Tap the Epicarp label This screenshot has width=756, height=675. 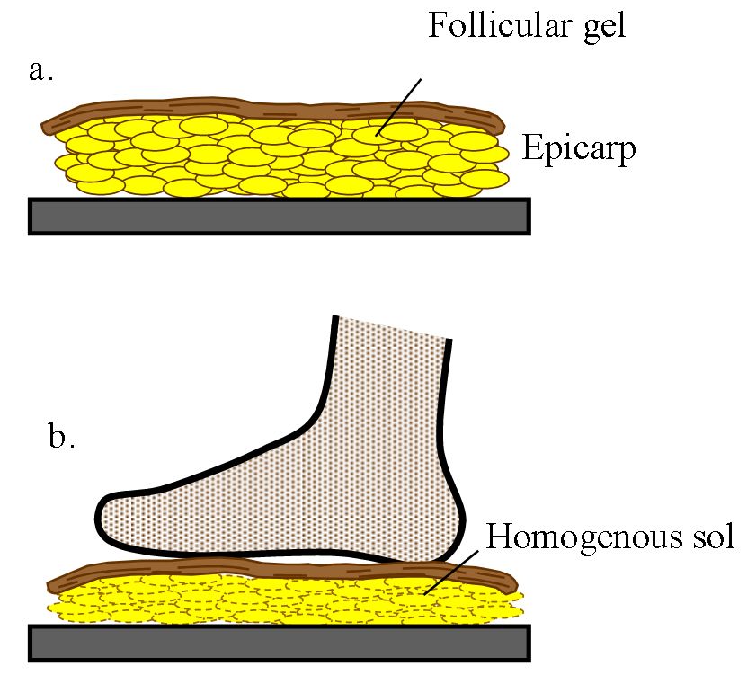tap(578, 147)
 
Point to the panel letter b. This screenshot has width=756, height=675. tap(60, 438)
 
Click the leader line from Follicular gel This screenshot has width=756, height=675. tap(400, 103)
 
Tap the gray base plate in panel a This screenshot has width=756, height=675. tap(279, 216)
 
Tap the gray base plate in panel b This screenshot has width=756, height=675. tap(279, 642)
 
